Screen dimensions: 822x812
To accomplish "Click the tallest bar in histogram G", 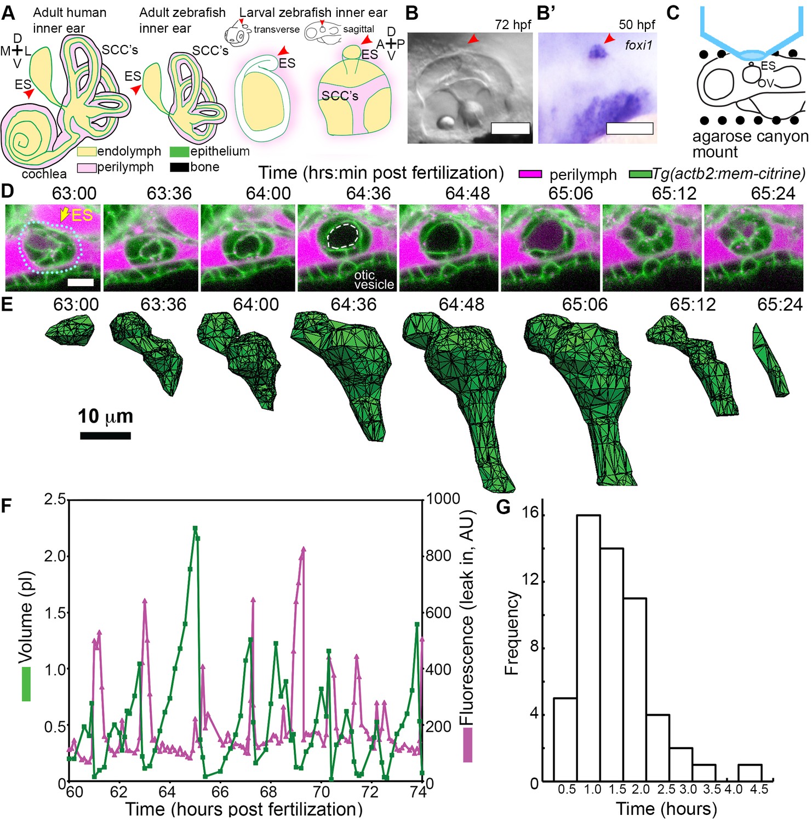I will click(x=588, y=647).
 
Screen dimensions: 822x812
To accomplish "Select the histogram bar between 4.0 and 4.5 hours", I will click(x=750, y=773).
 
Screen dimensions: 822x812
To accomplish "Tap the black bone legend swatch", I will click(x=180, y=167).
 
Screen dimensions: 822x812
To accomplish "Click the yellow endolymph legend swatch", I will click(x=87, y=151).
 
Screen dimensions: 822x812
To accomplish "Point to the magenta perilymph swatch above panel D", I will click(x=530, y=174).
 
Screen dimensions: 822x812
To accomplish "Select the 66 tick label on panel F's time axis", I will click(x=220, y=792).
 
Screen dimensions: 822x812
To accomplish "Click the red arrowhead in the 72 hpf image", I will click(x=472, y=39).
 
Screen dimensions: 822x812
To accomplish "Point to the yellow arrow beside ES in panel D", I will click(x=65, y=215).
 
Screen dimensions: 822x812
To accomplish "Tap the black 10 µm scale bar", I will click(x=105, y=436).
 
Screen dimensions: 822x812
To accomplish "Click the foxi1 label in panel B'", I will click(x=638, y=45).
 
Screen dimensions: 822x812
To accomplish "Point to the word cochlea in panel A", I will click(x=44, y=174).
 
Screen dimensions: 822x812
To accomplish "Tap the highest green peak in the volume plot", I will click(x=195, y=529).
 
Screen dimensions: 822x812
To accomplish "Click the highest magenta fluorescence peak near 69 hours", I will click(x=303, y=549).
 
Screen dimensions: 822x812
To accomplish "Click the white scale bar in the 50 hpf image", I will click(x=630, y=128).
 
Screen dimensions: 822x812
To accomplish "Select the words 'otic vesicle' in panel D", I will click(x=374, y=279).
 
